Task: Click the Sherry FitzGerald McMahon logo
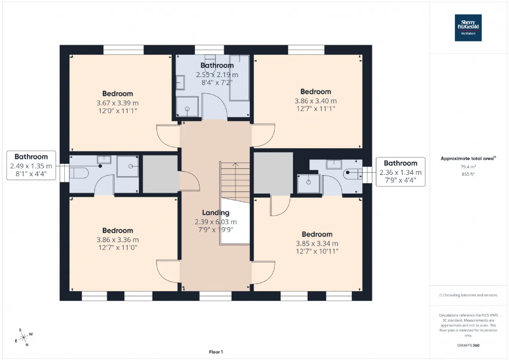[x=468, y=28]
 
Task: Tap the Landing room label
[x=216, y=213]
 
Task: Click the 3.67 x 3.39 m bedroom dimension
[x=117, y=103]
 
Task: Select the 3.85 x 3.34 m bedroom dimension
[x=317, y=243]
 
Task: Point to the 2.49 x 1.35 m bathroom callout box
[x=31, y=165]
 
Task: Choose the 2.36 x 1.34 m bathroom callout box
[x=400, y=172]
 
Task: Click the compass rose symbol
[x=23, y=337]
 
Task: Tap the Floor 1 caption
[x=216, y=352]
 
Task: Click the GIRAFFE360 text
[x=468, y=345]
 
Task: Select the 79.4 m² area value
[x=468, y=167]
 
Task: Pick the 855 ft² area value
[x=468, y=174]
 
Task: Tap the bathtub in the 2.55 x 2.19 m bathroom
[x=239, y=78]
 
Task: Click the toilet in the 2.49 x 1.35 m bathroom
[x=79, y=173]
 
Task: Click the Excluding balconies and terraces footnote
[x=468, y=295]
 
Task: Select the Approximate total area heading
[x=468, y=158]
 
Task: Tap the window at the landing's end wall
[x=216, y=296]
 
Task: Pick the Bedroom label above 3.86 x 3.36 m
[x=117, y=231]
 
